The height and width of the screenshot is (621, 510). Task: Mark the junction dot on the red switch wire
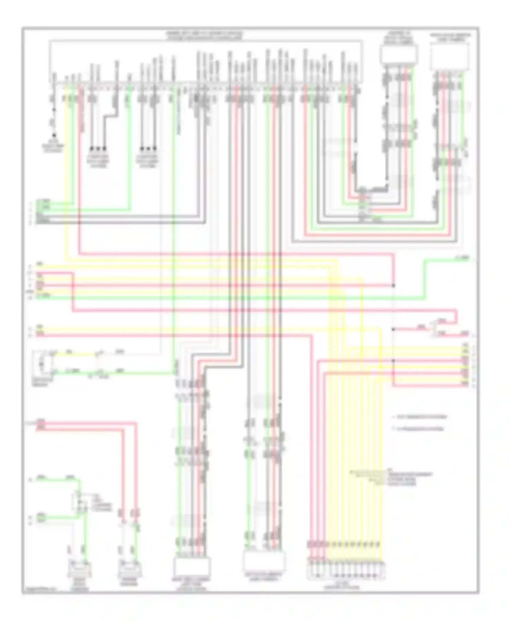click(393, 329)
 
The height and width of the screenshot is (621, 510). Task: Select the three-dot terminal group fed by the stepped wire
click(98, 148)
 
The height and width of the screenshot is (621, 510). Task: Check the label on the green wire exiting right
click(462, 259)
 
